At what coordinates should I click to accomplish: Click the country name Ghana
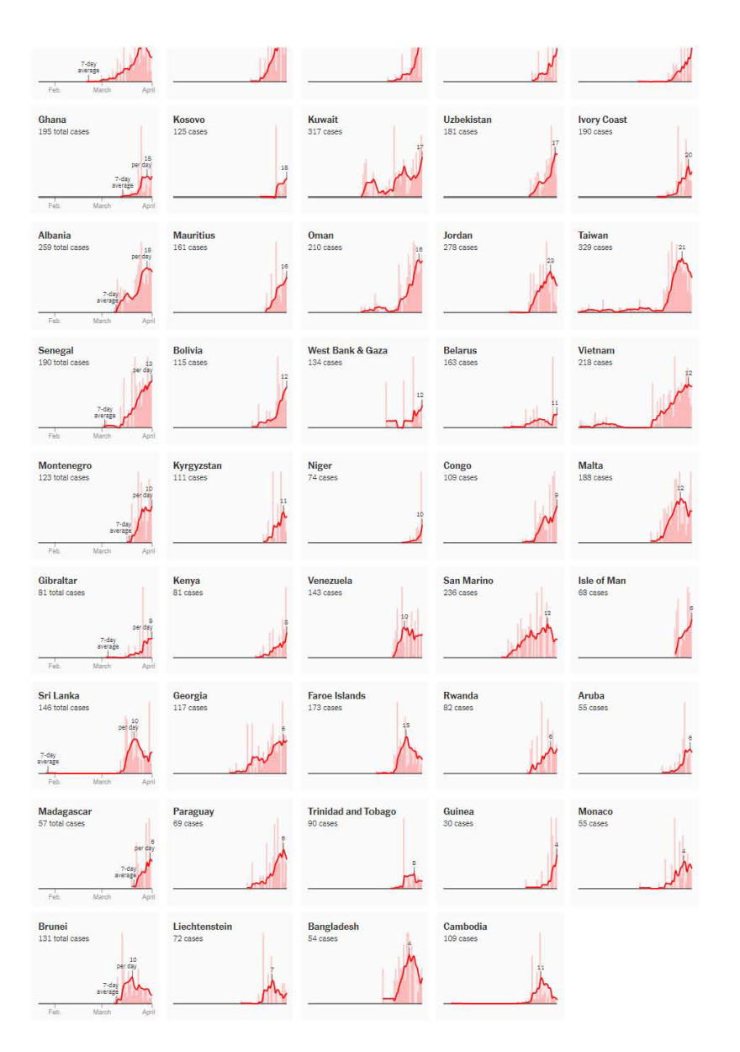coord(52,120)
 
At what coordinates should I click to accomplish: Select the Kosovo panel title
coord(189,120)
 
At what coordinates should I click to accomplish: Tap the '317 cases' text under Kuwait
coord(325,132)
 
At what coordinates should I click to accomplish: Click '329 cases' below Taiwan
coord(595,247)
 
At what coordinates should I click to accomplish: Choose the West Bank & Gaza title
coord(347,350)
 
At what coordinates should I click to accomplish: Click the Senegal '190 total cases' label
coord(63,363)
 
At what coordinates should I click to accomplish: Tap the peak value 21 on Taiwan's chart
coord(682,247)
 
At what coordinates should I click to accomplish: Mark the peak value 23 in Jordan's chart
coord(551,261)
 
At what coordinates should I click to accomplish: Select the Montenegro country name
coord(65,465)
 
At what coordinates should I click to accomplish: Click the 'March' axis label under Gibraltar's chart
coord(102,667)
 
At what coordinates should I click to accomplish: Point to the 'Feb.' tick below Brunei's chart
coord(55,1012)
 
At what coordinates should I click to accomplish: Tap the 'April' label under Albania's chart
coord(149,321)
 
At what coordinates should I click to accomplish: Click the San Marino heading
coord(468,581)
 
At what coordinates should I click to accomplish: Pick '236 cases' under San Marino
coord(460,593)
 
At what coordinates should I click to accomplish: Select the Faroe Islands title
coord(336,696)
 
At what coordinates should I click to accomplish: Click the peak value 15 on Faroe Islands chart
coord(406,725)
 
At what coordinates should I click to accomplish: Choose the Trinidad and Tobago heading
coord(351,811)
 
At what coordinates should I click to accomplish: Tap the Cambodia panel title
coord(465,927)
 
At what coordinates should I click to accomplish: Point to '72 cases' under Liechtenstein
coord(188,939)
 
